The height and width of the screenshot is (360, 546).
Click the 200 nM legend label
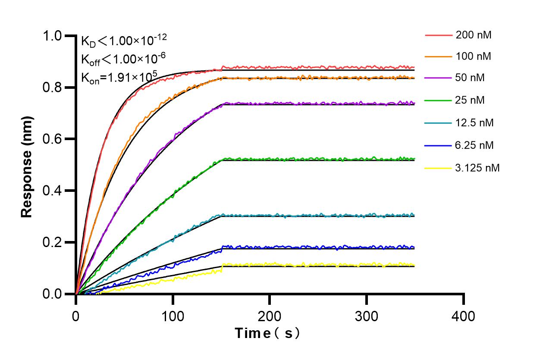pos(473,35)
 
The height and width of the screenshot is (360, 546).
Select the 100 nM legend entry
pos(473,56)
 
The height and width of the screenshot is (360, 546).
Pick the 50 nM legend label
pos(470,78)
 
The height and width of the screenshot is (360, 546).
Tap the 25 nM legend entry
pos(470,100)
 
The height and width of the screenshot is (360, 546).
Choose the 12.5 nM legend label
pos(474,123)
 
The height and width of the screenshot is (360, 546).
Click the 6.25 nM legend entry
pos(474,145)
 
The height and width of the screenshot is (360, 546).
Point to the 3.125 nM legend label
pos(477,168)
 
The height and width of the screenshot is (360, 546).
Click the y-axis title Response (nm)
pos(27,165)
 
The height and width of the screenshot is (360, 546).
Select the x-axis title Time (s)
pos(267,333)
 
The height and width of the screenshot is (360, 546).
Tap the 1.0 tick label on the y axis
pos(53,36)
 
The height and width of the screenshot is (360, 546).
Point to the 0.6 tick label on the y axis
pos(53,139)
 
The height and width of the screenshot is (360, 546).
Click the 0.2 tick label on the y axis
pos(53,242)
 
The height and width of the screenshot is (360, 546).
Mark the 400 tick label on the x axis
pos(463,316)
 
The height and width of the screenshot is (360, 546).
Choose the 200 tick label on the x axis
pos(270,316)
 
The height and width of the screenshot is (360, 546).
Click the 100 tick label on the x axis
pos(173,316)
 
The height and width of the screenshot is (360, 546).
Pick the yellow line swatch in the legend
pos(437,168)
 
